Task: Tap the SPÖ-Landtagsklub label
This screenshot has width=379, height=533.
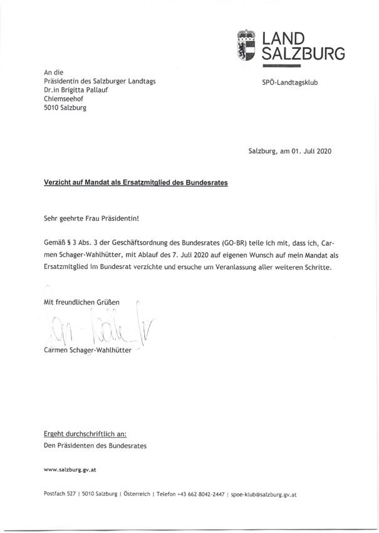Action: pyautogui.click(x=289, y=82)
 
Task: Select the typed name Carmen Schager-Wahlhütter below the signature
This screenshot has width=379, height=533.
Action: pyautogui.click(x=88, y=350)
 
